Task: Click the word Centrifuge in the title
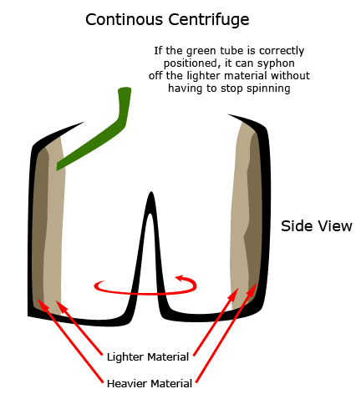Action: click(x=209, y=20)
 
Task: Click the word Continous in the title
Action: click(x=124, y=19)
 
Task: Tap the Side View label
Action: click(x=317, y=226)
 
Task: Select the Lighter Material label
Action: click(x=148, y=356)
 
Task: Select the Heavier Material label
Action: click(x=150, y=384)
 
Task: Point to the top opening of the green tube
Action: click(x=125, y=89)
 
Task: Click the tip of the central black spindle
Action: click(x=151, y=192)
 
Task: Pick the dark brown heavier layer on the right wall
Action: click(x=253, y=211)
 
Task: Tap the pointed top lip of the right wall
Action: click(x=228, y=114)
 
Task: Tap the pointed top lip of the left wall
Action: click(x=84, y=122)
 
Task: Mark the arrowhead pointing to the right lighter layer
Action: click(x=236, y=292)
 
